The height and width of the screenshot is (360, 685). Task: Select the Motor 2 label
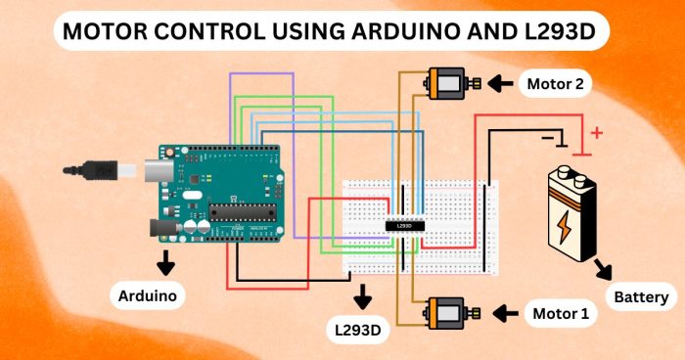[555, 84]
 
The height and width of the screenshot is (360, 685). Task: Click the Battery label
[641, 297]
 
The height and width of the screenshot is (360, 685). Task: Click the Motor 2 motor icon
[449, 83]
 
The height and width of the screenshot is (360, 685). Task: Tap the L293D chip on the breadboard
[403, 226]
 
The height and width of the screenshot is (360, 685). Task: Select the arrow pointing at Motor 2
[501, 84]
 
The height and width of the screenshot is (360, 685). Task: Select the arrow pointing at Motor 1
[505, 314]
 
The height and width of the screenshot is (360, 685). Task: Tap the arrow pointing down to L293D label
[364, 294]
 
